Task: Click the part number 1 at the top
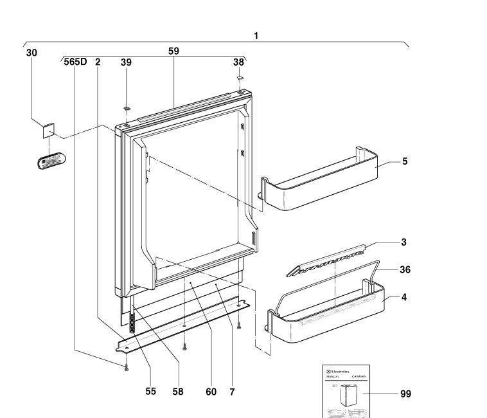click(256, 36)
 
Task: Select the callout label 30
click(31, 53)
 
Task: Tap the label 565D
click(75, 62)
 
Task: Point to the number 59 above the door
click(173, 51)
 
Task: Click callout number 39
click(126, 62)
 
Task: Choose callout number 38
click(238, 62)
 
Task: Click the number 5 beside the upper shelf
click(405, 161)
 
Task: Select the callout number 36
click(405, 270)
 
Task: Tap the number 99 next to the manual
click(405, 394)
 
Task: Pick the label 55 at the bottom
click(150, 391)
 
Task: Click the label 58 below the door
click(178, 391)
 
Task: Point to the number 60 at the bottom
click(211, 391)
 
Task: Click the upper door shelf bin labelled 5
click(318, 186)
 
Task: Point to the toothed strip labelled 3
click(328, 260)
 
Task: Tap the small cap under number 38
click(240, 78)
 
